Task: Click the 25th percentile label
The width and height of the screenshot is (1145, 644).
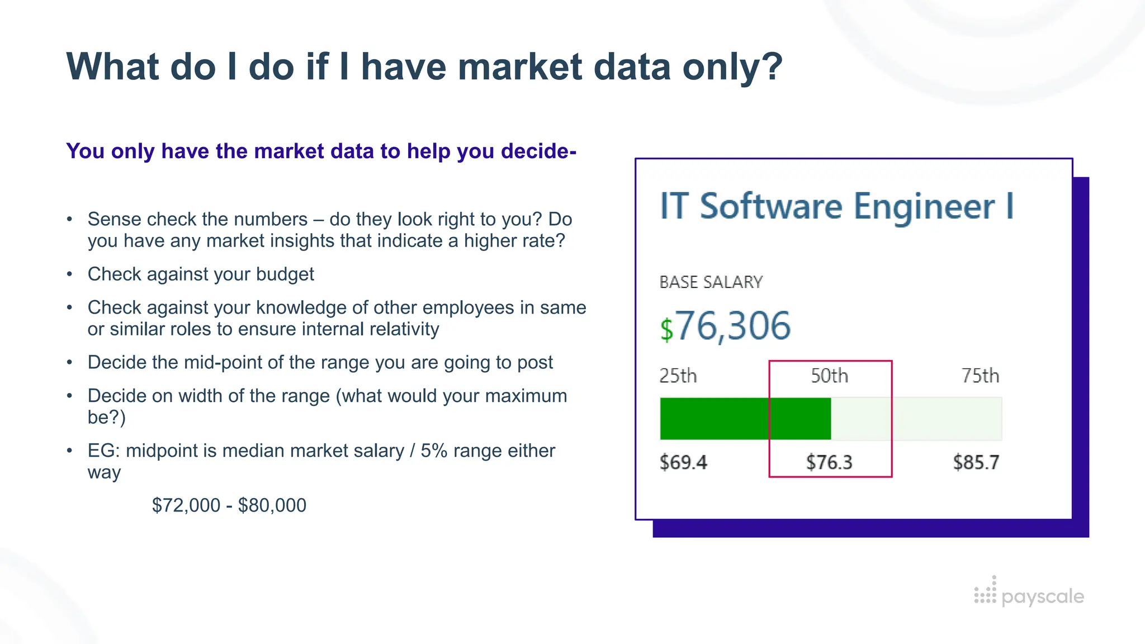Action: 678,376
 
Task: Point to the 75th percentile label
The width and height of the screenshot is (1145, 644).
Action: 980,376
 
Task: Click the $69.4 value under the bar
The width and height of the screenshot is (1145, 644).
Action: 683,462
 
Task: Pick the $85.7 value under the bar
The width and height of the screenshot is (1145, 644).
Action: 976,462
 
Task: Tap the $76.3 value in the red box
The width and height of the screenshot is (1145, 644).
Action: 829,462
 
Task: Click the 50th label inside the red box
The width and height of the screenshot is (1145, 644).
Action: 830,376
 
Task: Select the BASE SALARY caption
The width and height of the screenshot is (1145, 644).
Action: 711,282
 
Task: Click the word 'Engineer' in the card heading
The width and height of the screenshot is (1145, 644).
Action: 924,207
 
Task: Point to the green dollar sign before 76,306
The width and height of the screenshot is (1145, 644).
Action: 666,329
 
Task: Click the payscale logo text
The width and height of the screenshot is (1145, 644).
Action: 1043,597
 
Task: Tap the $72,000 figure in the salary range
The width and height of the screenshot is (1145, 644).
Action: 186,505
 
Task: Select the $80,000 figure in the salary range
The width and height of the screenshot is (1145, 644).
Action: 272,505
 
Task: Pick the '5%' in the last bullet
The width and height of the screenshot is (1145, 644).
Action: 434,451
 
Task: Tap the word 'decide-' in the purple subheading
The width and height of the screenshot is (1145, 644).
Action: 539,151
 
